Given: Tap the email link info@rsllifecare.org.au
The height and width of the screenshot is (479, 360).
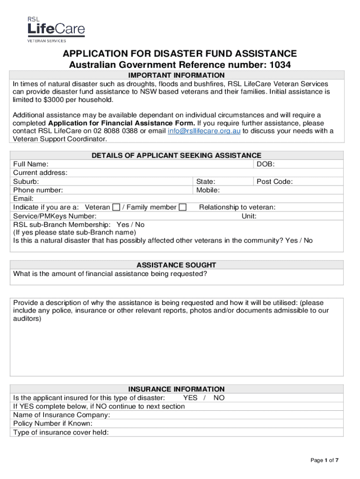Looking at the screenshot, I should tap(204, 131).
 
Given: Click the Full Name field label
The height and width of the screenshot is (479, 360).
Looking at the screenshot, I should tap(30, 164).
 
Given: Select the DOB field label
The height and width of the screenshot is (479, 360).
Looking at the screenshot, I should tap(266, 164).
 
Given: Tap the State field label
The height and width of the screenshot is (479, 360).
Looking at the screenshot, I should tap(206, 181).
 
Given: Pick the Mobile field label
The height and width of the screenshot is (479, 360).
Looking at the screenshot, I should tap(208, 190).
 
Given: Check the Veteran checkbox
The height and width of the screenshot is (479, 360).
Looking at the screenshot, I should tap(116, 207).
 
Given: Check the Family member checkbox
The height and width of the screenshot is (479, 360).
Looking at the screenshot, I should tap(183, 207).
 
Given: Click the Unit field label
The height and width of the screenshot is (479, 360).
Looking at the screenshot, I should tap(249, 216).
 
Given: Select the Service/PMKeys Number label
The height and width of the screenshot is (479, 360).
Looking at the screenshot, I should tap(55, 216).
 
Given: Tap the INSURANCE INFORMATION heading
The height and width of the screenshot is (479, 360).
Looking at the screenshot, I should tap(177, 389).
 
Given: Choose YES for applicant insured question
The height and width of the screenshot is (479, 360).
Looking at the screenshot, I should tap(190, 398).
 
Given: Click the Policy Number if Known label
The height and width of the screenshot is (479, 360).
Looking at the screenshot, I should tap(53, 423).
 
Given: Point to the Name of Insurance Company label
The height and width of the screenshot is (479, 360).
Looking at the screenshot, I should tap(62, 415).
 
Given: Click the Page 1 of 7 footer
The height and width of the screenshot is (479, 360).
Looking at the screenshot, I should tap(324, 461).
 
